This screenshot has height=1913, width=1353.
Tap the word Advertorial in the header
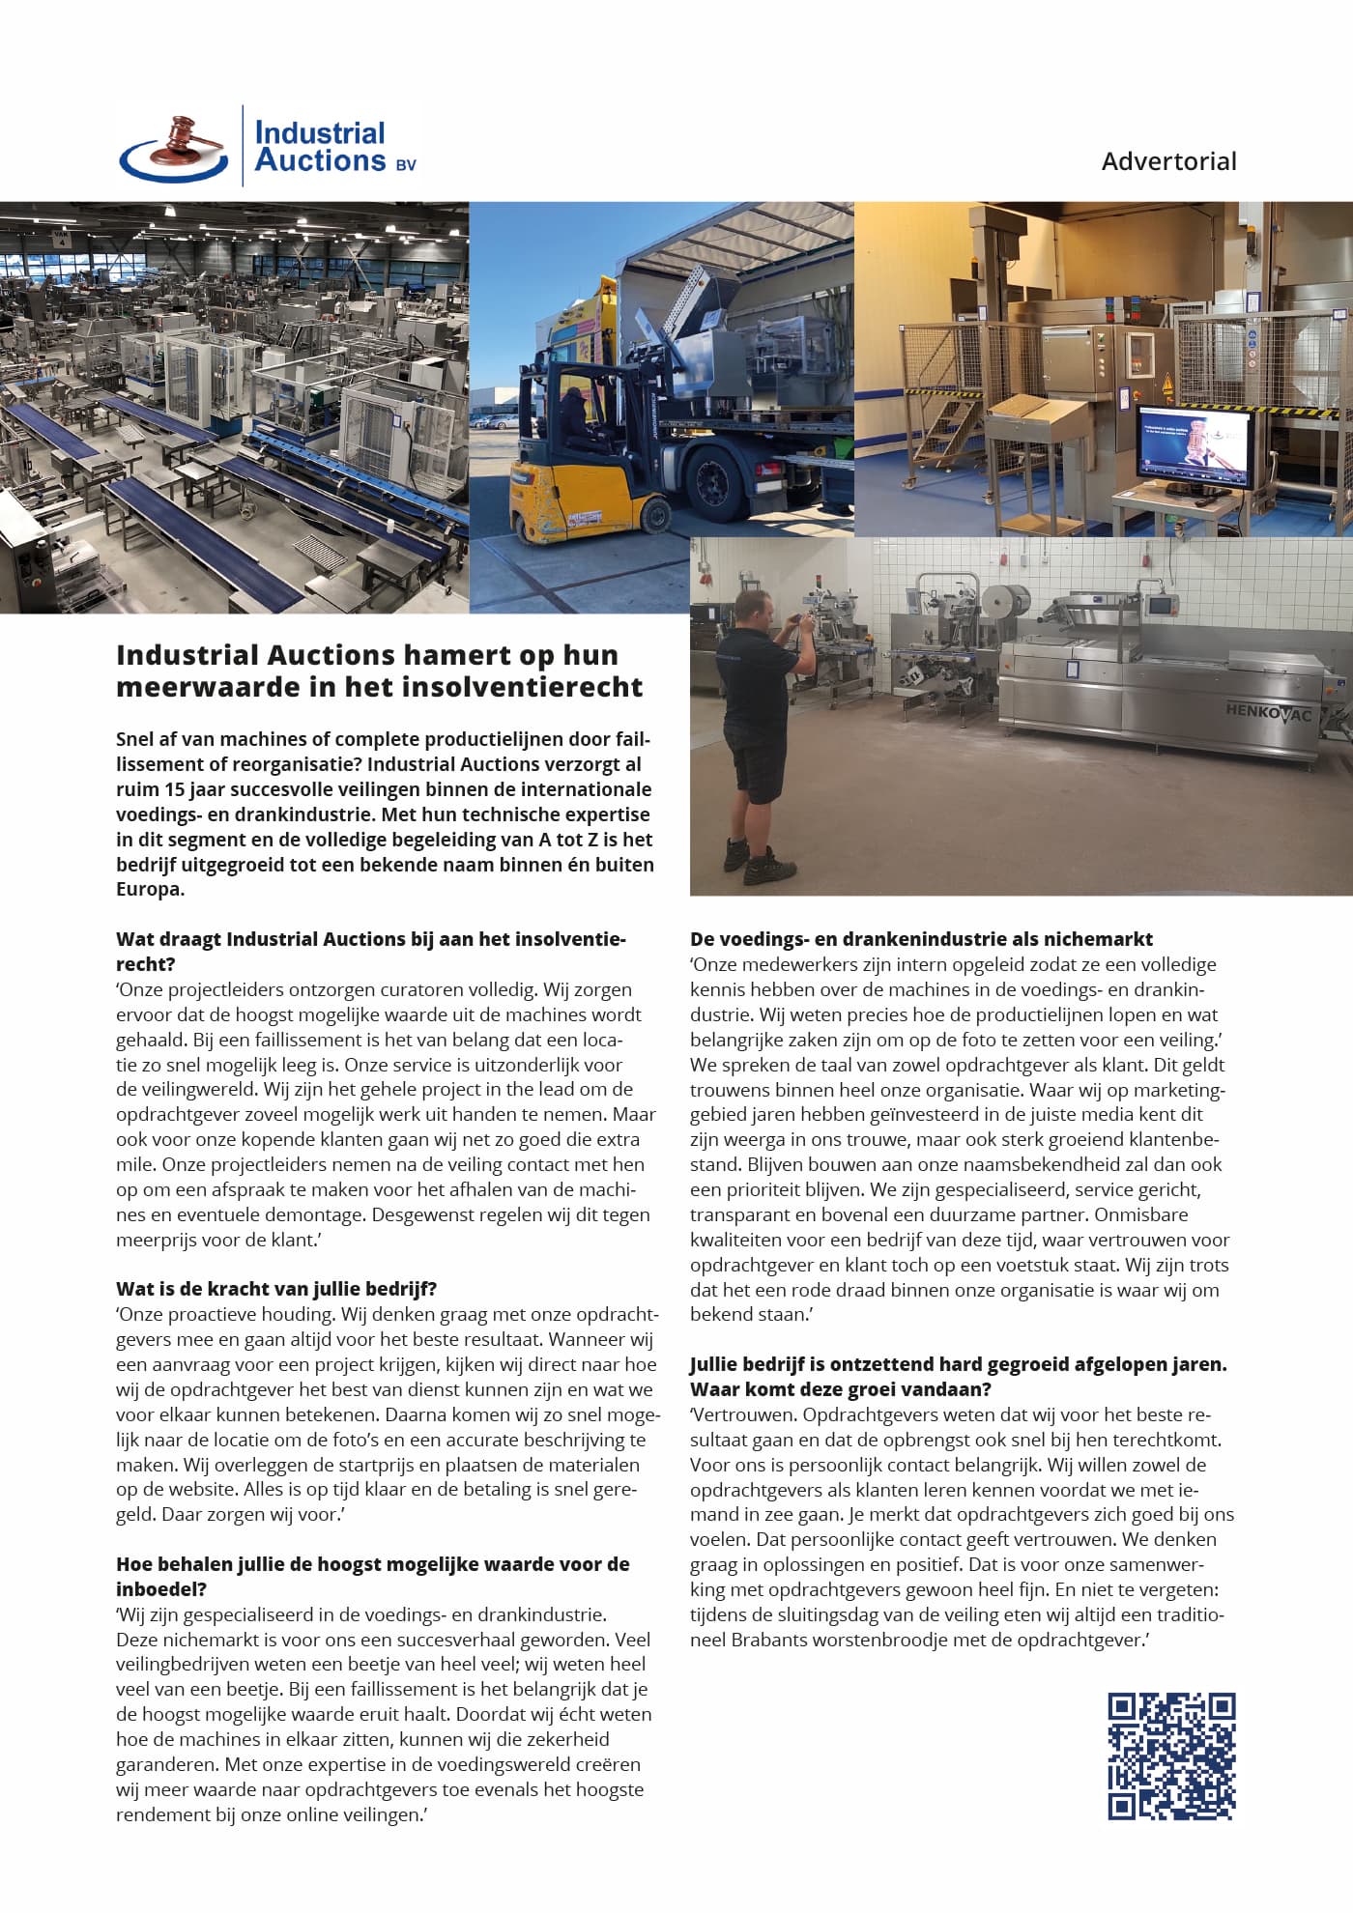tap(1168, 161)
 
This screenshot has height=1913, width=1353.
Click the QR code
tap(1171, 1756)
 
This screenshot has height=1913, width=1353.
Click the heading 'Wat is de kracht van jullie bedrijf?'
tap(276, 1289)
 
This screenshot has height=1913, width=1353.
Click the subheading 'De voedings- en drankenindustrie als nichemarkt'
tap(921, 939)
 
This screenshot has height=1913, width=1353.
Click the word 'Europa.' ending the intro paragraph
tap(150, 889)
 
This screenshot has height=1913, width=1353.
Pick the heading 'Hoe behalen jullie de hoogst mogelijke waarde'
tap(372, 1564)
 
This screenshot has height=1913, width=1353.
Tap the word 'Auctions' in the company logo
tap(320, 161)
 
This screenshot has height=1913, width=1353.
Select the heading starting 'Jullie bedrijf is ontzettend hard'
tap(958, 1365)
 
